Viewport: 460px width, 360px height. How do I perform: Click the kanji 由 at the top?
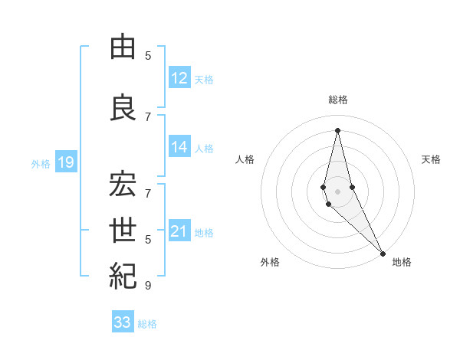click(123, 47)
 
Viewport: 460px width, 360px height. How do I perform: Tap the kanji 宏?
click(123, 185)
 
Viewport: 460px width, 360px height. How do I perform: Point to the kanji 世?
click(123, 231)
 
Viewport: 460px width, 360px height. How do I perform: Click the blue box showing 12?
click(179, 78)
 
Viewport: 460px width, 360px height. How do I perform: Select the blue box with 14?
click(179, 147)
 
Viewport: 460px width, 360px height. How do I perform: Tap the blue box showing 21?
click(179, 231)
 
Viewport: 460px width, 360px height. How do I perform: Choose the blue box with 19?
click(65, 162)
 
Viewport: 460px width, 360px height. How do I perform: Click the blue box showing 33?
click(123, 322)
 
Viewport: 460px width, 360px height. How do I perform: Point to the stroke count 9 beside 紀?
click(148, 286)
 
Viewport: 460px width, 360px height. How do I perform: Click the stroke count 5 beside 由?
click(148, 55)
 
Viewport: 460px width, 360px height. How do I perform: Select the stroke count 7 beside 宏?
click(148, 185)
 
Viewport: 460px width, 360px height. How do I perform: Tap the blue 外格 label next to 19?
click(41, 163)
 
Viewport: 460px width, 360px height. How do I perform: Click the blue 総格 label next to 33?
click(147, 324)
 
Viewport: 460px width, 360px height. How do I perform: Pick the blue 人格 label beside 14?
click(204, 148)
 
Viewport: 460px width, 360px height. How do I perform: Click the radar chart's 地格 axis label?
click(402, 262)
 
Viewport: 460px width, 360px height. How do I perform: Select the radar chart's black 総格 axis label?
click(338, 100)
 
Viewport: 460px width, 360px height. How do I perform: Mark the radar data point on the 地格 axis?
click(382, 252)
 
